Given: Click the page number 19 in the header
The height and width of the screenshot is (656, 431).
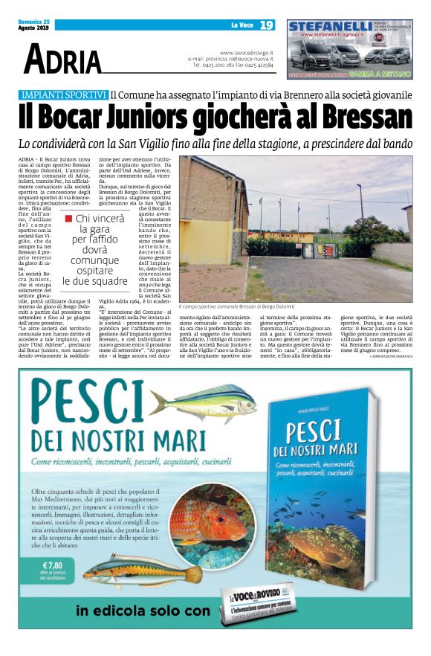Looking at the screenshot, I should coord(266,25).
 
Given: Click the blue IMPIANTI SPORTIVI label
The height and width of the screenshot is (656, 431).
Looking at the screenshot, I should coord(64,95).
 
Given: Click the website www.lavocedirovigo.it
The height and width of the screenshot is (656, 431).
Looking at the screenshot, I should coord(247,53).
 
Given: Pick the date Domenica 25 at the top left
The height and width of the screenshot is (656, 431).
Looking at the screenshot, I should coord(33,22).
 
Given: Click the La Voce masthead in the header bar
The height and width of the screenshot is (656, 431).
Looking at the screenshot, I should coord(241,25).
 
